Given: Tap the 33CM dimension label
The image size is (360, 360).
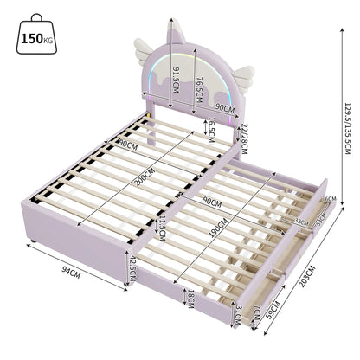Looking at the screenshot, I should pyautogui.click(x=301, y=221).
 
